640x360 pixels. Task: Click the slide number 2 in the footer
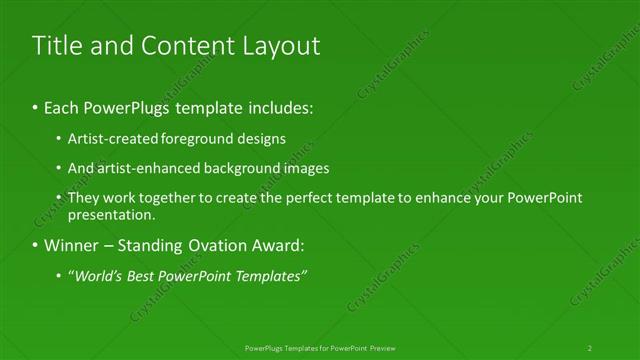(590, 347)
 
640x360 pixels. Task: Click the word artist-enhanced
(147, 168)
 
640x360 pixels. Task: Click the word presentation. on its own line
(111, 214)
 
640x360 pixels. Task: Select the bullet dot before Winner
(36, 245)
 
